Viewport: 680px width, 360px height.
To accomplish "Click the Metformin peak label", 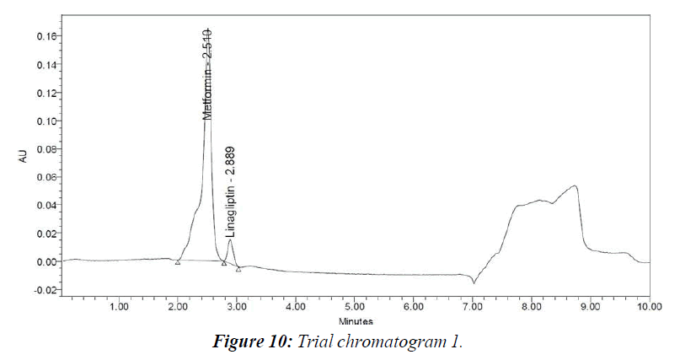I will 207,73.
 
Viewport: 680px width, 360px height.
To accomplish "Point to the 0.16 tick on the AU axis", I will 46,36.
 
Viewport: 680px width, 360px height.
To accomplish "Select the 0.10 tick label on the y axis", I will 46,121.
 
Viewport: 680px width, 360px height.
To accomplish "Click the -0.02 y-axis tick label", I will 45,289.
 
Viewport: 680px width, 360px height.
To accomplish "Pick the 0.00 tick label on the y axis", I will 46,261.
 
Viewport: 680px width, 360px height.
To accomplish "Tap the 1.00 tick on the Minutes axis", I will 119,307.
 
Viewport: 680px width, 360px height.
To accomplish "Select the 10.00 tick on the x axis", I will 648,307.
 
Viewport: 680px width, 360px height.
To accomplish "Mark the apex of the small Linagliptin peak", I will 230,240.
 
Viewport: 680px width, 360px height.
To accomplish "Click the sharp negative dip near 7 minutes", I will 474,282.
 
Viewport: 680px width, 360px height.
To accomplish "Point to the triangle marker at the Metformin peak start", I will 178,262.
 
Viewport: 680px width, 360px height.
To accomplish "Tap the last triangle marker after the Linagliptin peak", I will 238,269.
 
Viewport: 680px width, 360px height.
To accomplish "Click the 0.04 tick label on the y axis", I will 46,205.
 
